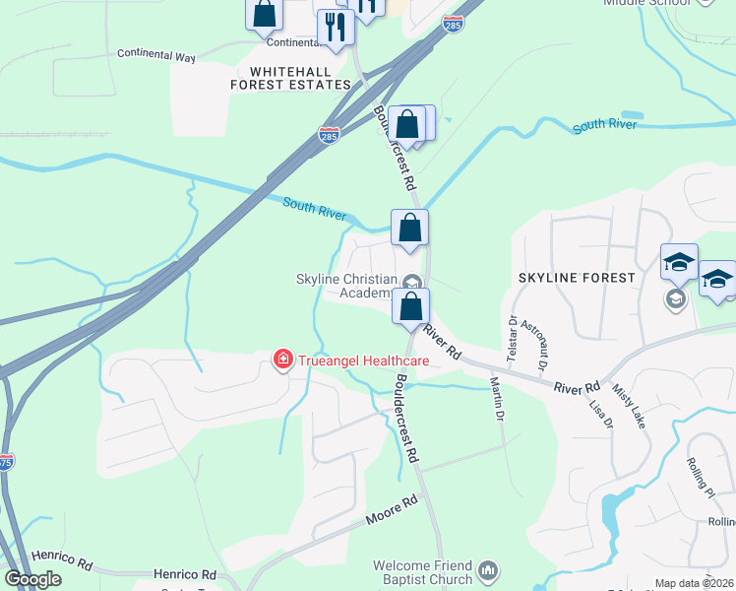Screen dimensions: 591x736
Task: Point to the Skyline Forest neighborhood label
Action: [x=577, y=279]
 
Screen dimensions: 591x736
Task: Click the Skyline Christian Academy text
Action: [x=345, y=286]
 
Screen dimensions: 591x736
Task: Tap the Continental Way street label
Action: [x=156, y=55]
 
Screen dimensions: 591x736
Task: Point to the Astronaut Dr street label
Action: [x=537, y=346]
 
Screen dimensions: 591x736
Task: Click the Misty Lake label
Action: [x=630, y=405]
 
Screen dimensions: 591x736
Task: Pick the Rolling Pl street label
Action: [x=701, y=478]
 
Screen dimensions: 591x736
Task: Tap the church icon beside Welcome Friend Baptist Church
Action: [x=488, y=570]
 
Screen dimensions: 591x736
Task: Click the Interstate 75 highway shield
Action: [x=5, y=462]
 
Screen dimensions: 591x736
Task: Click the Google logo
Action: [x=32, y=580]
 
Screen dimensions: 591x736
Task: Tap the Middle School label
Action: [x=644, y=3]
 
